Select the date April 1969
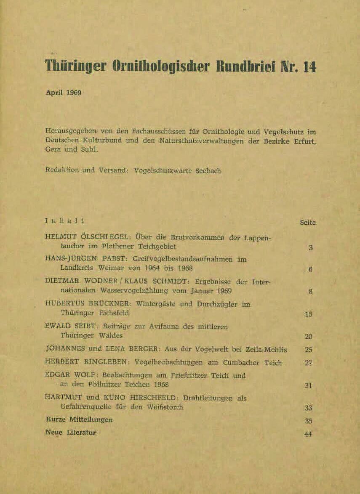(64, 93)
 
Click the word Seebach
(208, 171)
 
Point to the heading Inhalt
(64, 220)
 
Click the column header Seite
(307, 223)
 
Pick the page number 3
(310, 248)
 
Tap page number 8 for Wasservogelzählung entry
(310, 291)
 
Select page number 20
(308, 337)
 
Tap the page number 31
(308, 385)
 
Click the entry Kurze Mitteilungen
(79, 420)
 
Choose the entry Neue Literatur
(71, 432)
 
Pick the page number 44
(308, 434)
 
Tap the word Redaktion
(62, 170)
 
